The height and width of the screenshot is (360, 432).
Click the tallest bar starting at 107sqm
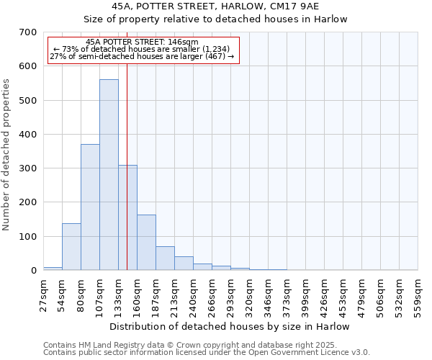click(x=109, y=175)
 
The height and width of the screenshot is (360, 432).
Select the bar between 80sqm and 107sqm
click(x=90, y=207)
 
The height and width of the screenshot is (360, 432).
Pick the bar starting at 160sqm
click(x=146, y=243)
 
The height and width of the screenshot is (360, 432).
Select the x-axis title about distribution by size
click(x=230, y=326)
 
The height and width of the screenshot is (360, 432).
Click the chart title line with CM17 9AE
click(x=230, y=6)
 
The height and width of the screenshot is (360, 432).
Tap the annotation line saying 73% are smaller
click(x=141, y=49)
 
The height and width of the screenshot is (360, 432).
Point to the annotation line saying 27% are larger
click(x=141, y=57)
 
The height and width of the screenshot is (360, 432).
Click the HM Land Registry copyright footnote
click(x=189, y=345)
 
